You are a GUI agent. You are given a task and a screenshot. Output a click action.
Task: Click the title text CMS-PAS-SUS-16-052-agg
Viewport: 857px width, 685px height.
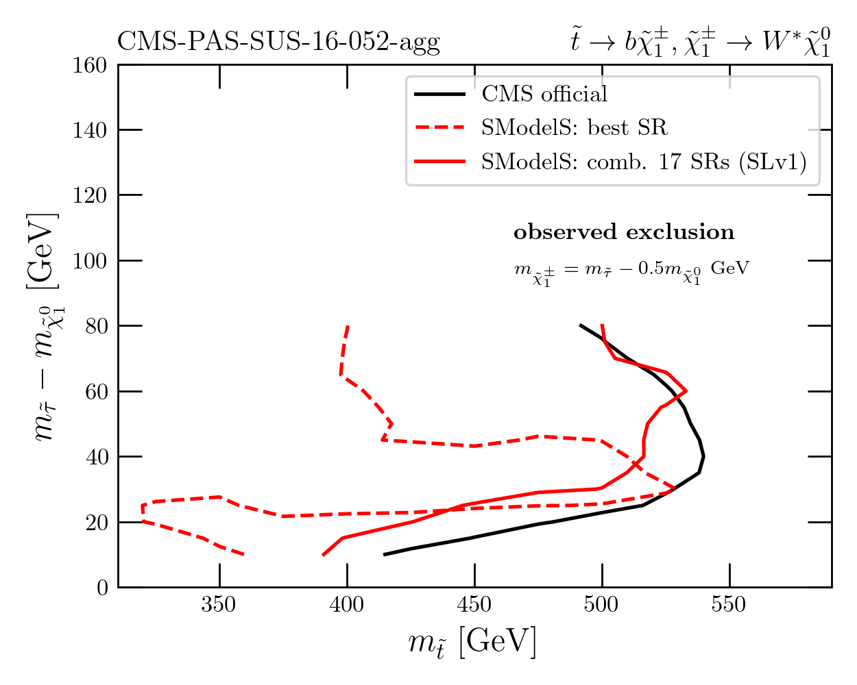tap(278, 42)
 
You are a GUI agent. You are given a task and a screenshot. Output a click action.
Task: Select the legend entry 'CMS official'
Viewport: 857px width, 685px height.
tap(544, 94)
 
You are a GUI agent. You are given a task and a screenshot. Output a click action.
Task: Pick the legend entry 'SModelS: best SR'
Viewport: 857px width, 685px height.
tap(574, 127)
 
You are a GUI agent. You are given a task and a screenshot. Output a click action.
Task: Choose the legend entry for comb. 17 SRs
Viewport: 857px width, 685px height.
tap(644, 162)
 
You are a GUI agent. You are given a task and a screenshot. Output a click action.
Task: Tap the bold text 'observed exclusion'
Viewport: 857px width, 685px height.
tap(624, 232)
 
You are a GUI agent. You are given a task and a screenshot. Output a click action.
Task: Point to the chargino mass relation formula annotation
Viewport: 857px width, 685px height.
tap(631, 270)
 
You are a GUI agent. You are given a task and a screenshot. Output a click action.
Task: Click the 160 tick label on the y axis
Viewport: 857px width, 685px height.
tap(90, 65)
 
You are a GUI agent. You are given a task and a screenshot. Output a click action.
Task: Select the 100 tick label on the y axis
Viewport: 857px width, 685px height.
tap(90, 261)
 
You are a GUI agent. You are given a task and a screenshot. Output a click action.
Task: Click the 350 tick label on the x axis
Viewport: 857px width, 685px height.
tap(219, 606)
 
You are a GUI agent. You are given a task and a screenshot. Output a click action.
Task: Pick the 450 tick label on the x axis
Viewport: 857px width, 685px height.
tap(474, 606)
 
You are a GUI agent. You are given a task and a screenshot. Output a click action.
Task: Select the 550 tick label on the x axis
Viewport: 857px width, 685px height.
tap(729, 606)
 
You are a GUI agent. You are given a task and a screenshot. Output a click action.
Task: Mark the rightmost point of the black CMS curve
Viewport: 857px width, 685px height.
tap(703, 457)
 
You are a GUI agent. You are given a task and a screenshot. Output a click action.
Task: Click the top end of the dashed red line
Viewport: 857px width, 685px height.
tap(348, 327)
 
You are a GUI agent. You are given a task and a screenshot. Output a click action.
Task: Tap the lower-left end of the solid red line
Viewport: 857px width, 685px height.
tap(323, 555)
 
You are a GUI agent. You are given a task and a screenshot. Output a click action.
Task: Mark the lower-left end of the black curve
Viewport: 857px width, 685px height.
tap(384, 554)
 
